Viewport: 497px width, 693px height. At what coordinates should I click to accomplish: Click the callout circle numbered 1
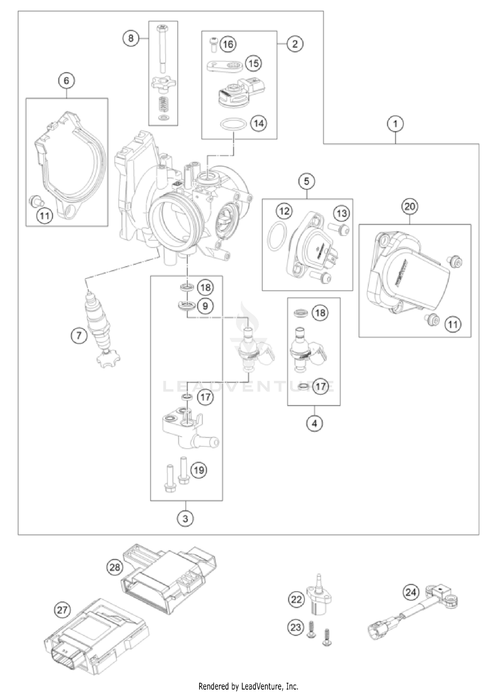tap(395, 124)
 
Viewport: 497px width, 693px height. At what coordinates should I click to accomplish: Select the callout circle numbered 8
tap(131, 38)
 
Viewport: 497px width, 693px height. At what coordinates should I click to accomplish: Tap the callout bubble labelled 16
tap(228, 44)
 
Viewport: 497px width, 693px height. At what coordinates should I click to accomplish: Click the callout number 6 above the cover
tap(67, 81)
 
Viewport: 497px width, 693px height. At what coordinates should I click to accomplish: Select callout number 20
tap(410, 206)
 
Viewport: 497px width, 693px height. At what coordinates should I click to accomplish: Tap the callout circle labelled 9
tap(205, 306)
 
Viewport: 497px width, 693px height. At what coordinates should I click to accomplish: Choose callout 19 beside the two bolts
tap(199, 470)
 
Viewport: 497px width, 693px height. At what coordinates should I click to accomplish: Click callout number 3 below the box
tap(185, 519)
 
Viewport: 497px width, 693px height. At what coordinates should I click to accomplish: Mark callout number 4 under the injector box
tap(314, 423)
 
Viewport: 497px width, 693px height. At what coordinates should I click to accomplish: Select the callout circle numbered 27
tap(62, 609)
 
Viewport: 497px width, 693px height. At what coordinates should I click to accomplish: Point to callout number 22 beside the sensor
tap(296, 599)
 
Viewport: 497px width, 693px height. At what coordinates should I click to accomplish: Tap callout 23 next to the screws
tap(296, 627)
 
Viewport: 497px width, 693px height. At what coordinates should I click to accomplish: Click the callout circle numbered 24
tap(411, 592)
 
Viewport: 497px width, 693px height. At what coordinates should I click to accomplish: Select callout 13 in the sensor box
tap(342, 213)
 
